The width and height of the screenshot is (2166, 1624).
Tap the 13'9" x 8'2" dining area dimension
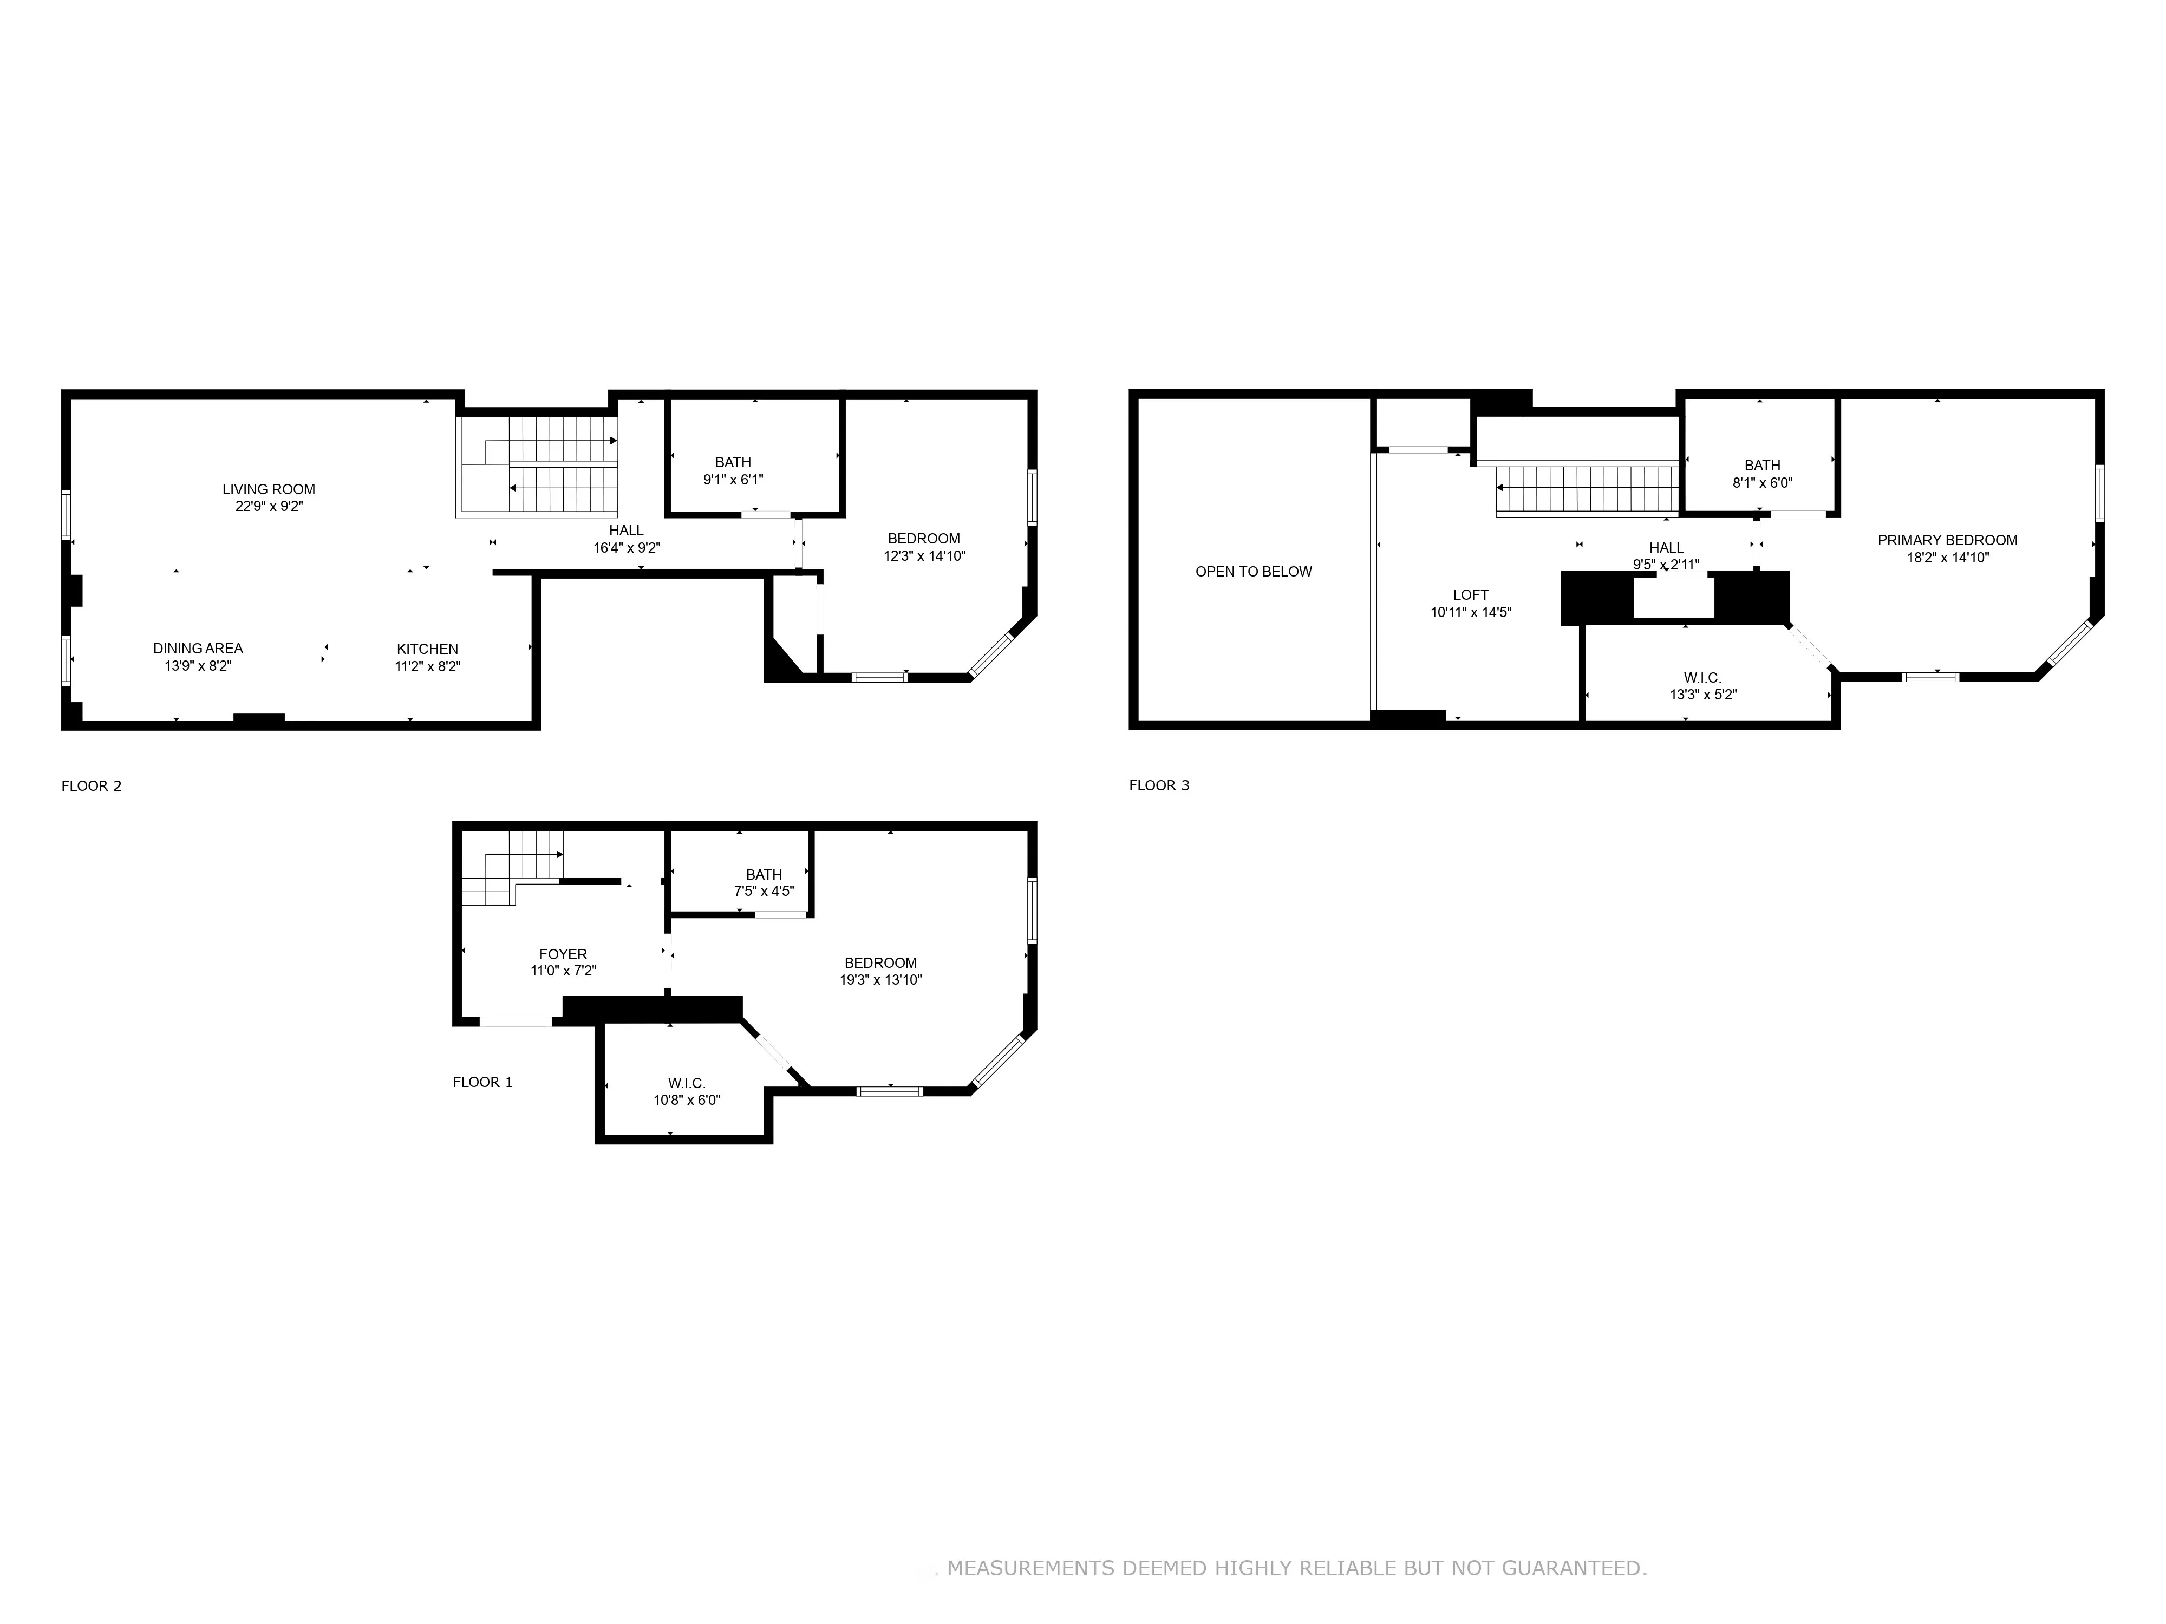tap(198, 666)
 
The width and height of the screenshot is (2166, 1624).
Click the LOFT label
tap(1471, 595)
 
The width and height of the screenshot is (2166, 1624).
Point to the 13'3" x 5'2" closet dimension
tap(1703, 695)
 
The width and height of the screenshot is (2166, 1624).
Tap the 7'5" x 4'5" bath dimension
tap(764, 892)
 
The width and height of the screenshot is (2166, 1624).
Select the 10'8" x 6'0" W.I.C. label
tap(687, 1091)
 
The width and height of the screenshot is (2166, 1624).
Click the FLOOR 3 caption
tap(1158, 785)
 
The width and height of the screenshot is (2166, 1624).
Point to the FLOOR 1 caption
tap(482, 1082)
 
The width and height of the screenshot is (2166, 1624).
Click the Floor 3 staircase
tap(1586, 489)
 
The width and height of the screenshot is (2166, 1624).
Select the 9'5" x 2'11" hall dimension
tap(1666, 565)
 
